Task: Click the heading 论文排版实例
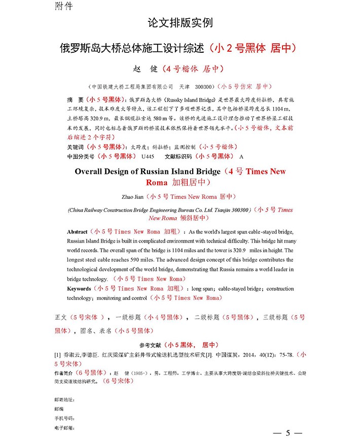[x=180, y=23]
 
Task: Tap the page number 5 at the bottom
[x=288, y=432]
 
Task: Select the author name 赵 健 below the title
[x=144, y=69]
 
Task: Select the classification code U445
[x=148, y=156]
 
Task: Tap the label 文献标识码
[x=179, y=156]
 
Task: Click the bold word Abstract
[x=77, y=231]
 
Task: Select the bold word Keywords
[x=79, y=289]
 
